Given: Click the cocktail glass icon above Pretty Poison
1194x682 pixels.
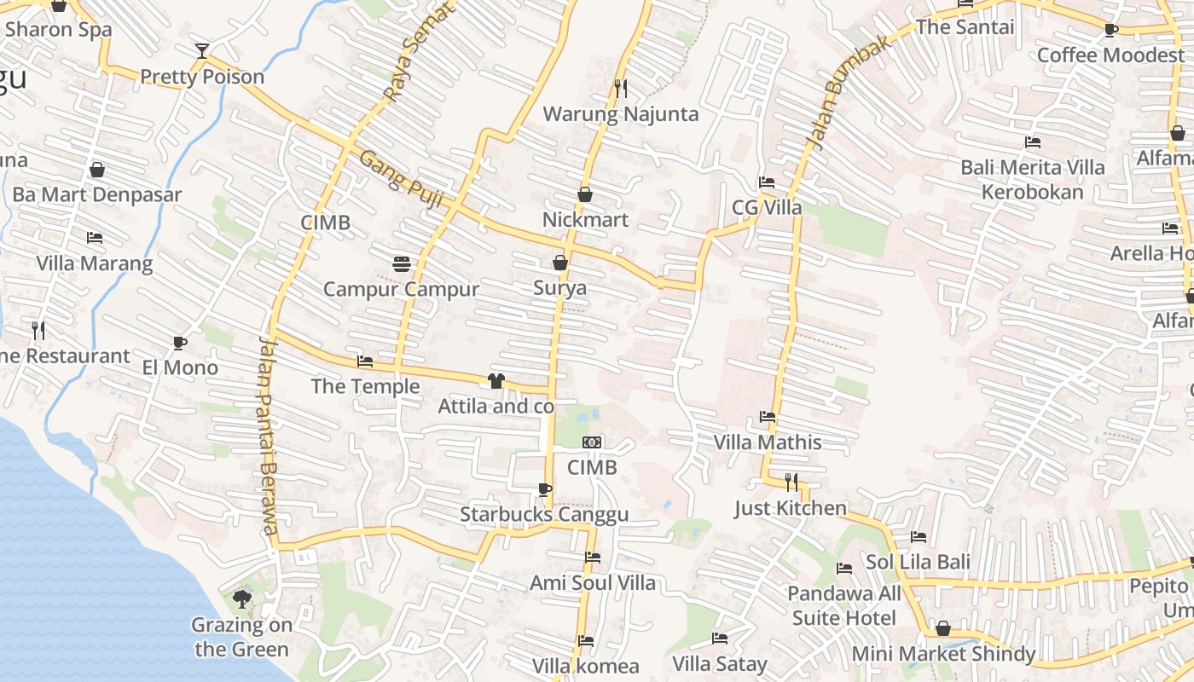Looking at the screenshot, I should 201,51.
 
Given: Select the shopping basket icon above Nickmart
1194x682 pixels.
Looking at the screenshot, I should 585,194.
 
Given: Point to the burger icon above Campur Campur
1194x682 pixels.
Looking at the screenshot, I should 402,264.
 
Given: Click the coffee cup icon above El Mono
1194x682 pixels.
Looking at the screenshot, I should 180,343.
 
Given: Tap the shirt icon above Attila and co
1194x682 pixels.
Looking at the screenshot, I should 496,380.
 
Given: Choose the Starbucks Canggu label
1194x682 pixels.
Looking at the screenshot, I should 544,514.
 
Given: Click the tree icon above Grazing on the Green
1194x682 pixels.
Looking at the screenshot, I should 242,598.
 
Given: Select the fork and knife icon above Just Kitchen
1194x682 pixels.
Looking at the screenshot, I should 791,483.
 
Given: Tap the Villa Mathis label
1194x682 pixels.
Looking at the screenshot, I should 768,442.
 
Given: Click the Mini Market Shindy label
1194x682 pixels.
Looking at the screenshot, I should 943,654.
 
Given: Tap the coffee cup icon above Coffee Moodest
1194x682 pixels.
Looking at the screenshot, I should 1110,30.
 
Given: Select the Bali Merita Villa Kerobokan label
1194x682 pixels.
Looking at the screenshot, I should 1032,179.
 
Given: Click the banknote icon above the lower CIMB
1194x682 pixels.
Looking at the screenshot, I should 592,442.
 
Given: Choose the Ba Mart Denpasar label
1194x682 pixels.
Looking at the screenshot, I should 97,194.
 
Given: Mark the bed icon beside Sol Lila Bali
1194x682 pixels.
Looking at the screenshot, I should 919,537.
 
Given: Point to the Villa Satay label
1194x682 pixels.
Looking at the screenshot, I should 720,663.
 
